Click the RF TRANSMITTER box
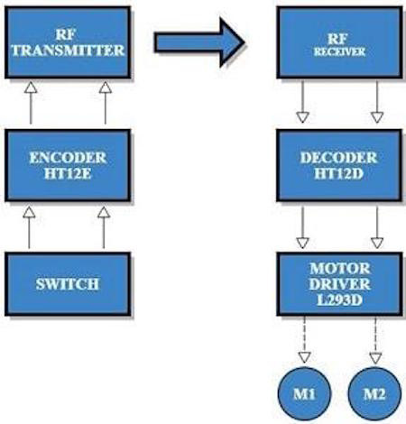(x=68, y=42)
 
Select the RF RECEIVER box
(x=338, y=42)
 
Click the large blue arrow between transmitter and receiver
(x=198, y=41)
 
